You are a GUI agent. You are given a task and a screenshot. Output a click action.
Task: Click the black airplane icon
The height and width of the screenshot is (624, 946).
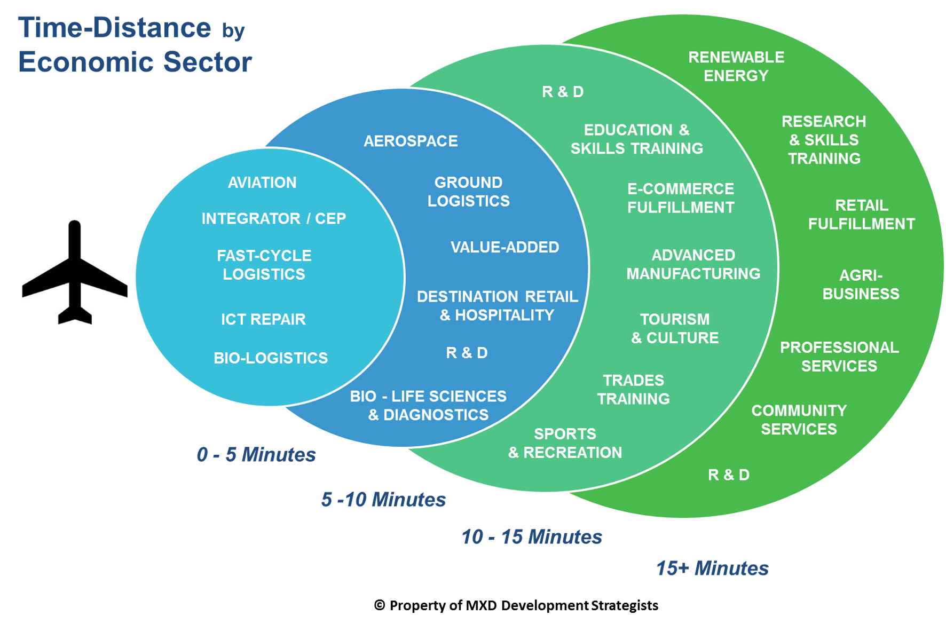point(75,273)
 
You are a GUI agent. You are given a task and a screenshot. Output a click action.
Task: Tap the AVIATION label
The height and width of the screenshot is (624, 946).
point(262,183)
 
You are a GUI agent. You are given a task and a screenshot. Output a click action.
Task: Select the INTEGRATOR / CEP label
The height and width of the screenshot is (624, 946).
point(273,219)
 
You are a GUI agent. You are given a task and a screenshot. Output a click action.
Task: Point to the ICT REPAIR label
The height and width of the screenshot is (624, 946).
point(263,319)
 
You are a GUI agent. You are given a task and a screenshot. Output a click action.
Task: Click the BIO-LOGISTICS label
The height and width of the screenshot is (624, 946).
point(271,358)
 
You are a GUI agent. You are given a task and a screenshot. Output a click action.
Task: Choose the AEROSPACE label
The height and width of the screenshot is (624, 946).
point(411,141)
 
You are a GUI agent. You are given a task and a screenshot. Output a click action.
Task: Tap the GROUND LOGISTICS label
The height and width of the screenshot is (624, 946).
point(468,192)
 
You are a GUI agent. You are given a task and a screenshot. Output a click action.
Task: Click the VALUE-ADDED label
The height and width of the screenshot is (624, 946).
point(504,247)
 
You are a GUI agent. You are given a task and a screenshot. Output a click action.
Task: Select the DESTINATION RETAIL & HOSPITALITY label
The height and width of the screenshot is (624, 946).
point(497,306)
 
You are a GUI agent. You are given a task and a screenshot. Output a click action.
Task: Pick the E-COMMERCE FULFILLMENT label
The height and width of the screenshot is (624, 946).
point(681,198)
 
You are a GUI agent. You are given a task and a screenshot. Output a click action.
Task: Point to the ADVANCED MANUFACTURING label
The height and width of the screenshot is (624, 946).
point(693,264)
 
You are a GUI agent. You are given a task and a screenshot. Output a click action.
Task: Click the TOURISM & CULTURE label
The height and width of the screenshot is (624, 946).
point(675,328)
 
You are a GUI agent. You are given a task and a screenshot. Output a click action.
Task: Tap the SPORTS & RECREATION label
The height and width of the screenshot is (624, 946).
point(565,443)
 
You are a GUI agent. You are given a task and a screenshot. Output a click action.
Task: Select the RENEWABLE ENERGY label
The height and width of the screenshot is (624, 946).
point(736,66)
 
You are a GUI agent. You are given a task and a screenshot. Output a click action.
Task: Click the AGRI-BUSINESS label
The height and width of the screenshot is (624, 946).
point(861,285)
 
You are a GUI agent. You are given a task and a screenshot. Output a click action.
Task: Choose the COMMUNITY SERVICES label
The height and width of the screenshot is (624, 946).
point(799,420)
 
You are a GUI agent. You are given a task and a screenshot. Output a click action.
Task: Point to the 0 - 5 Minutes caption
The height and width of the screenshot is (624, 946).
point(256,455)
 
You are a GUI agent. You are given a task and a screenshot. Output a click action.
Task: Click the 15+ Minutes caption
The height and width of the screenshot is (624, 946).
point(712,568)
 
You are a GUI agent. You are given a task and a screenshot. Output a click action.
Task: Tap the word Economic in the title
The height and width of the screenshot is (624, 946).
point(85,62)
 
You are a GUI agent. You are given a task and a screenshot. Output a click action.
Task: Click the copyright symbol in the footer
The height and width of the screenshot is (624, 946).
point(379,605)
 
